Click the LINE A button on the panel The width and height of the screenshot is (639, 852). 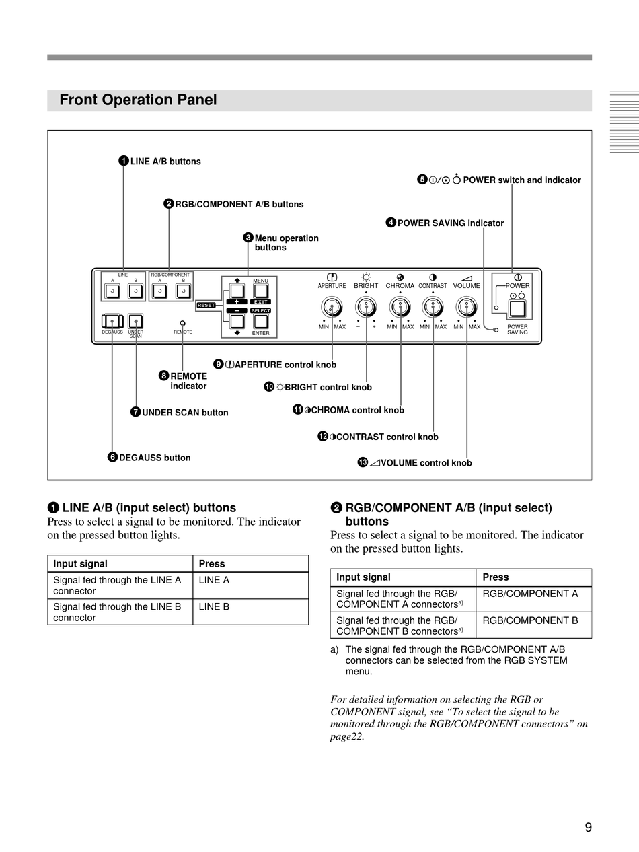coord(112,291)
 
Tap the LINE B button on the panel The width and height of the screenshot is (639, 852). coord(135,291)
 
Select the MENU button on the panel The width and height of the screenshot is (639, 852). coord(261,291)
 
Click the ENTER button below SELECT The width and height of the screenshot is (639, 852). coord(261,322)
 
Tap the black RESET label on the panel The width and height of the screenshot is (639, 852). coord(206,305)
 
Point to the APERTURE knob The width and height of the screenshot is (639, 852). coord(332,308)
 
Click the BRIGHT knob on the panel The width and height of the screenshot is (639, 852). coord(366,308)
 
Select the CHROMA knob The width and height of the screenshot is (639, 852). coord(400,308)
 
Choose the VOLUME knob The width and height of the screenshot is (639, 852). coord(466,308)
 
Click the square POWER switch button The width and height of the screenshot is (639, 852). coord(517,309)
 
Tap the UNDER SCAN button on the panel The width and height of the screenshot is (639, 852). coord(135,321)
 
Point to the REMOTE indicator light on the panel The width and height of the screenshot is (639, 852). coord(183,323)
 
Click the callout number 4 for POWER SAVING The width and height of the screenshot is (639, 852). coord(391,222)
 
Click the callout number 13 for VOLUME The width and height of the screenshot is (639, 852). coord(363,462)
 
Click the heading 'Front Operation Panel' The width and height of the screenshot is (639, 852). coord(138,100)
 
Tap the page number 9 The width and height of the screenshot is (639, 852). coord(588,827)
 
